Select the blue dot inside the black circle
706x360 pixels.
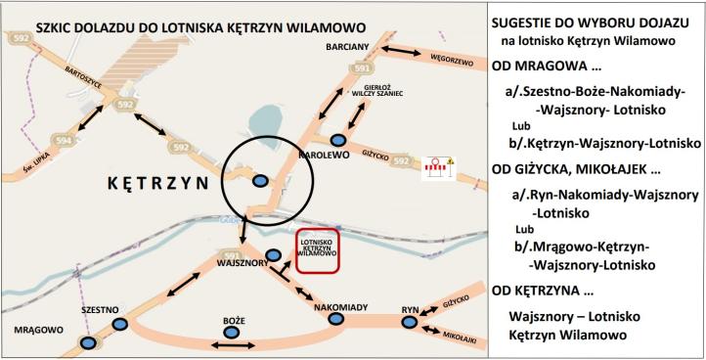point(260,180)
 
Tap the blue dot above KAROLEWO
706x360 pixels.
point(337,140)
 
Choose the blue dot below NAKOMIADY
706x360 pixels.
point(336,319)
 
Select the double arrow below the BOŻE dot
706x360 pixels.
point(231,346)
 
